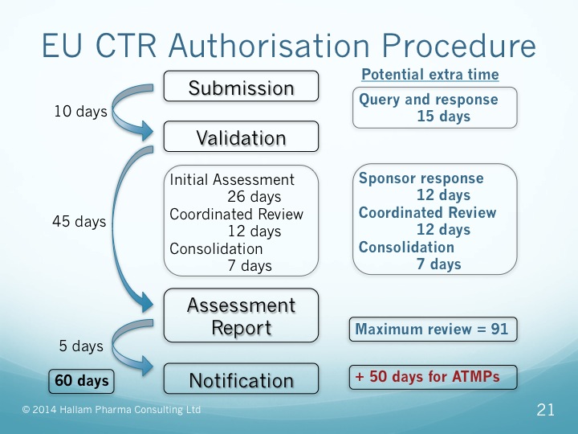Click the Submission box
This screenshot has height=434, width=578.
241,87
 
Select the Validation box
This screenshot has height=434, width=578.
241,137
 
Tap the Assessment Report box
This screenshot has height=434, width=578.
241,317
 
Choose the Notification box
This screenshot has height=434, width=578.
241,379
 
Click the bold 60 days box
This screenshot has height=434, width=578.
82,380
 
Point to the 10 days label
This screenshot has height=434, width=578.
80,112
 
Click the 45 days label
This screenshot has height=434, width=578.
79,221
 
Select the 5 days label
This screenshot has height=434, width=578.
81,346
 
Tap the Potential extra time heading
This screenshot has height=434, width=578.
429,75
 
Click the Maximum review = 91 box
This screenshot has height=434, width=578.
431,329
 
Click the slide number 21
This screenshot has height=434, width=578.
545,411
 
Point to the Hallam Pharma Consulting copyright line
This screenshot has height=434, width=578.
112,411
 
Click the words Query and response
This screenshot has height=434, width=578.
428,100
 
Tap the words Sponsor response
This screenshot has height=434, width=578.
421,178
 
